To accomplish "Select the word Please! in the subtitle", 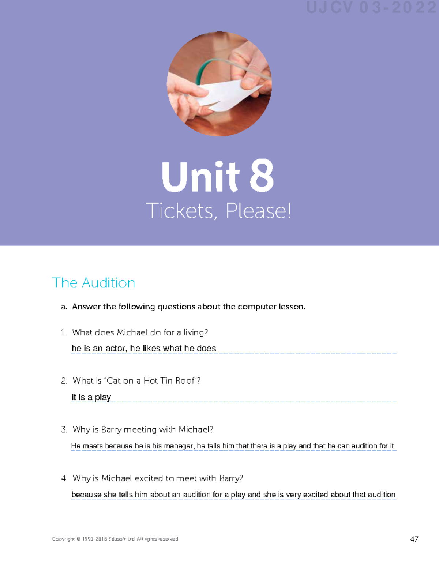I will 258,211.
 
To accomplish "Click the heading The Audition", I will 93,283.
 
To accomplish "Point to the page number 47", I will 414,539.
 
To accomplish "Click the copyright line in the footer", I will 115,539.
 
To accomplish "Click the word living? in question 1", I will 196,332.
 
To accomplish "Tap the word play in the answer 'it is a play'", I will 103,397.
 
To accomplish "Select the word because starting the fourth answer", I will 86,495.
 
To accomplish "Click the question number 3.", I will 64,429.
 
